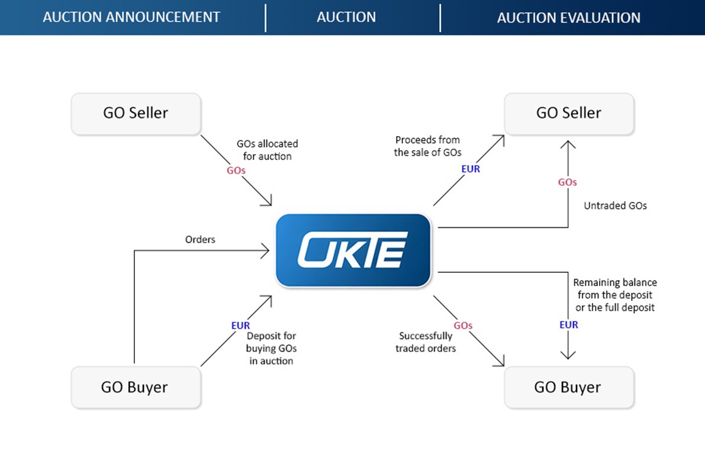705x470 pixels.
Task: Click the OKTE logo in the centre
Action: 353,250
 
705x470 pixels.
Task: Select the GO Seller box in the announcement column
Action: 136,113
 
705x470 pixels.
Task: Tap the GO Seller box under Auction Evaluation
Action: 568,113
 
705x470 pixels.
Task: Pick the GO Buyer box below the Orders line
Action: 136,387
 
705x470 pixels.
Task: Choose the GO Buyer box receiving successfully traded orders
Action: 568,387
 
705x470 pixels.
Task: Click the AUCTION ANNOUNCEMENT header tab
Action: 131,17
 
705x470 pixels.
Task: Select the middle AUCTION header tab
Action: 346,17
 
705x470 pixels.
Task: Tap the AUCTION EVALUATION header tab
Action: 568,18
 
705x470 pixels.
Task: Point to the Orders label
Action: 200,240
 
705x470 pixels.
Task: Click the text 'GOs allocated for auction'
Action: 267,150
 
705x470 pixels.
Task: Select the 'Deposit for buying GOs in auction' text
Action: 271,349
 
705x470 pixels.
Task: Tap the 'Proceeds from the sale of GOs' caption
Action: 427,146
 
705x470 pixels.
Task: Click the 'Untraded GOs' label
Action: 615,206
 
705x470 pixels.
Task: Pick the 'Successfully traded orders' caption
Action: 426,342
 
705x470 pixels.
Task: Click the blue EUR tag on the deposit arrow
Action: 240,326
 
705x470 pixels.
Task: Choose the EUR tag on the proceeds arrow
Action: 471,169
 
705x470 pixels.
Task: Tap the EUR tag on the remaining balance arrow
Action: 568,325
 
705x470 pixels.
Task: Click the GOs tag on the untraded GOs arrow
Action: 567,182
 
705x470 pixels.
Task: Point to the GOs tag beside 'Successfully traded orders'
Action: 463,326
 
